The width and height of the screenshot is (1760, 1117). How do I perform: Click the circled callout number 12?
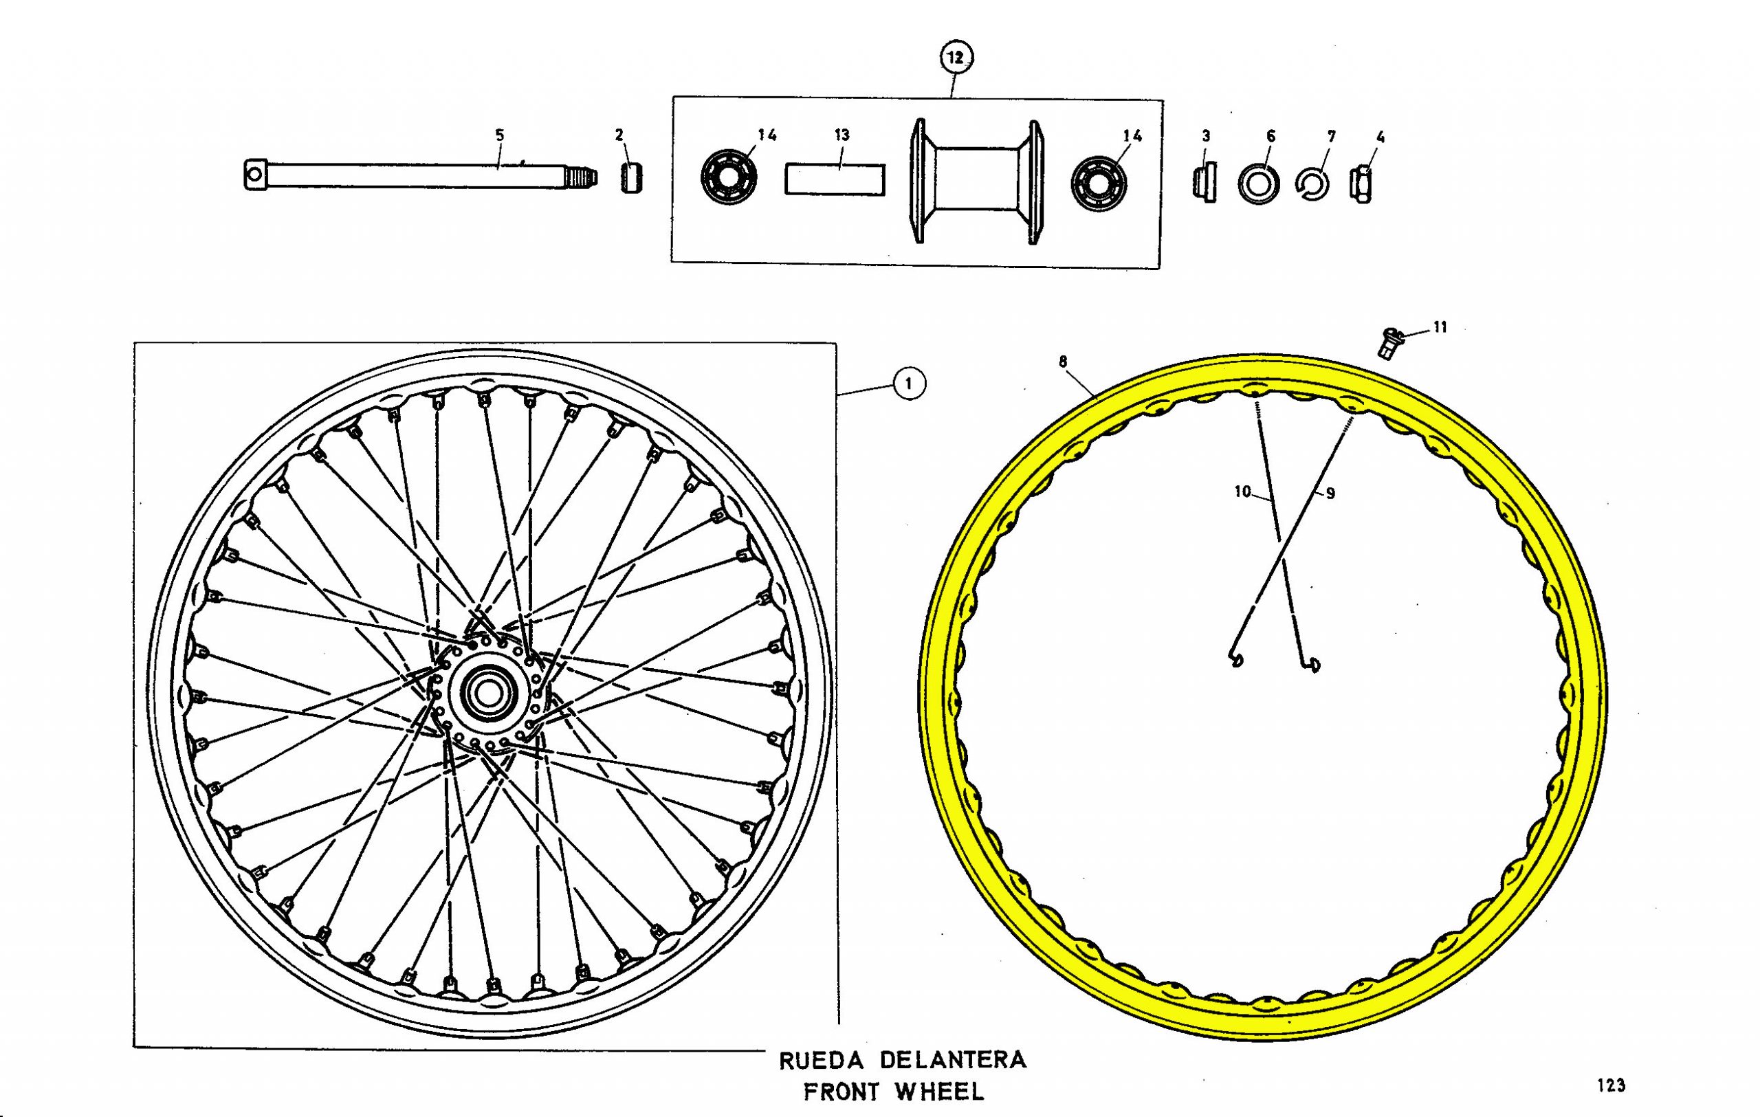(956, 57)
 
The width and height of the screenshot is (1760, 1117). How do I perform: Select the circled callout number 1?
(908, 384)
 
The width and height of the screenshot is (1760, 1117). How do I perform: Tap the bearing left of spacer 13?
(729, 177)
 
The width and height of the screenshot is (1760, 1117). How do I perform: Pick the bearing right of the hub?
(1099, 183)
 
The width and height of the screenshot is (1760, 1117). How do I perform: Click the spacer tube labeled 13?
(835, 179)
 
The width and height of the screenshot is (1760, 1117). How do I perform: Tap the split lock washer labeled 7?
(1312, 185)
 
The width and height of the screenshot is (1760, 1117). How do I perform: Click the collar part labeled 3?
(1204, 184)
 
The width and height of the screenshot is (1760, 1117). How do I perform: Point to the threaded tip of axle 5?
(582, 177)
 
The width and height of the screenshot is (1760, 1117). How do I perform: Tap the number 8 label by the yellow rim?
(1063, 361)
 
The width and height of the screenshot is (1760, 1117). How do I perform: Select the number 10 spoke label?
(1242, 491)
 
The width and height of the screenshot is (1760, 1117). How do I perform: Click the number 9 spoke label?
(1330, 494)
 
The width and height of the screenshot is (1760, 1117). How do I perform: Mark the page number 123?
(1611, 1085)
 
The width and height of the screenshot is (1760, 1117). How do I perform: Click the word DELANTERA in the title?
(953, 1060)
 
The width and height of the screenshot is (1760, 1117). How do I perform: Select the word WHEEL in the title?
(940, 1092)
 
